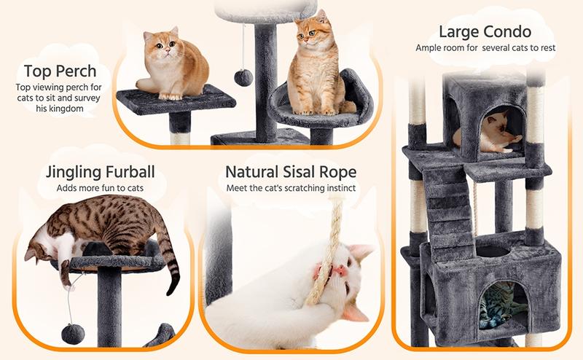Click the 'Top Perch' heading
coord(60,71)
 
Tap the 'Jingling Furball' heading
coord(101,173)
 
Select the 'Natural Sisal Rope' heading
coord(291,173)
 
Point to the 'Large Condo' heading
coord(485,32)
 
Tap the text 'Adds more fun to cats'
coord(101,189)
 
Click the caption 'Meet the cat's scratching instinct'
coord(291,189)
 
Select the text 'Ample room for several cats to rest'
coord(485,47)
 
